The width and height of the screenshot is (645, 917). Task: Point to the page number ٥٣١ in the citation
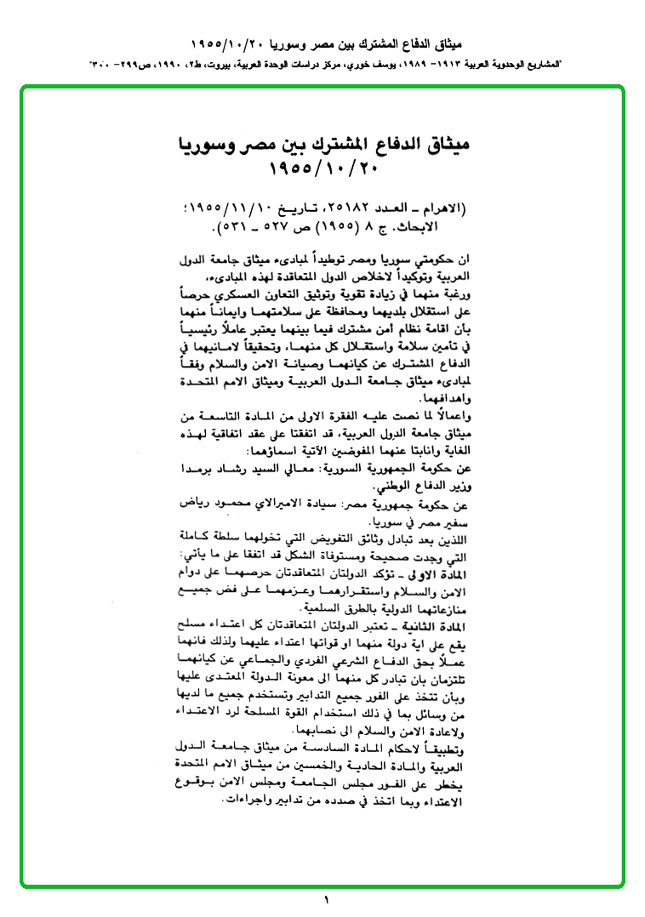237,227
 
